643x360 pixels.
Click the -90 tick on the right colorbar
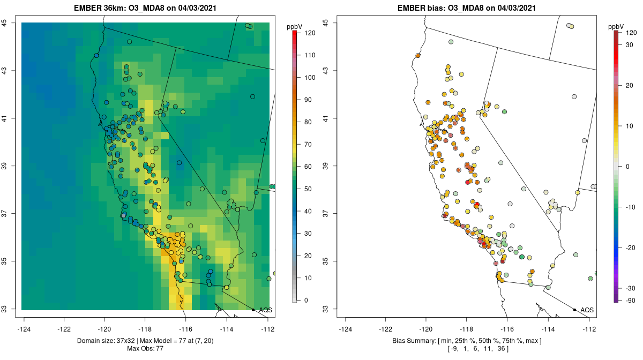[627, 300]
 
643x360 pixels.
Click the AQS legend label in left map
[266, 310]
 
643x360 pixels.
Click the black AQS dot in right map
[574, 310]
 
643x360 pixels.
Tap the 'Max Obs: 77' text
[145, 349]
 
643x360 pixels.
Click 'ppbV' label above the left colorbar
[294, 26]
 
